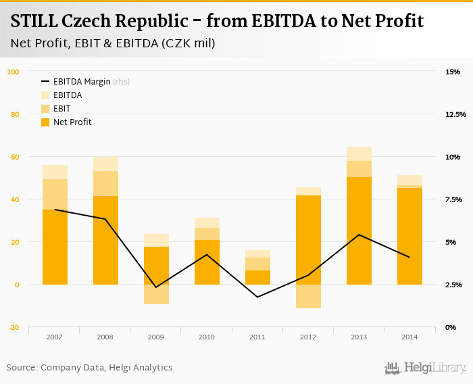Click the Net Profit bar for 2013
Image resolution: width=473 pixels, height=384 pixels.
359,231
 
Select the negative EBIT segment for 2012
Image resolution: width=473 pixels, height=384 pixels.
308,296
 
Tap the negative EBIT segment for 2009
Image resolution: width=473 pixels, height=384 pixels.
156,294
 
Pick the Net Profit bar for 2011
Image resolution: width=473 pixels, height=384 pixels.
257,277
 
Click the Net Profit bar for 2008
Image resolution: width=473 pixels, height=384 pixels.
105,240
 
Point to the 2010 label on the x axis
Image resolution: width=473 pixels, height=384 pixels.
207,337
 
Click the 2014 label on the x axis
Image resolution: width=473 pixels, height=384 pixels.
409,337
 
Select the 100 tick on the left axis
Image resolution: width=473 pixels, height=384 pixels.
14,72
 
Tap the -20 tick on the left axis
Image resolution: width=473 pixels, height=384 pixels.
14,327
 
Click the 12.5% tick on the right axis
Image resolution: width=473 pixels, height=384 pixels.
455,114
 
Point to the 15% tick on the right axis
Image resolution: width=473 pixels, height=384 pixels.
453,72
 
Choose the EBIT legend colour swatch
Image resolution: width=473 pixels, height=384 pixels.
46,109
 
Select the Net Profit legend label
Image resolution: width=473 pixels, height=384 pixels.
72,122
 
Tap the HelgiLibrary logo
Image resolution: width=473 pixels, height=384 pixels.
426,368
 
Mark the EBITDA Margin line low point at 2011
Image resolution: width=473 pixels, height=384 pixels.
257,297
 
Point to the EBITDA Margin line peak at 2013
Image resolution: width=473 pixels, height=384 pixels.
359,235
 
